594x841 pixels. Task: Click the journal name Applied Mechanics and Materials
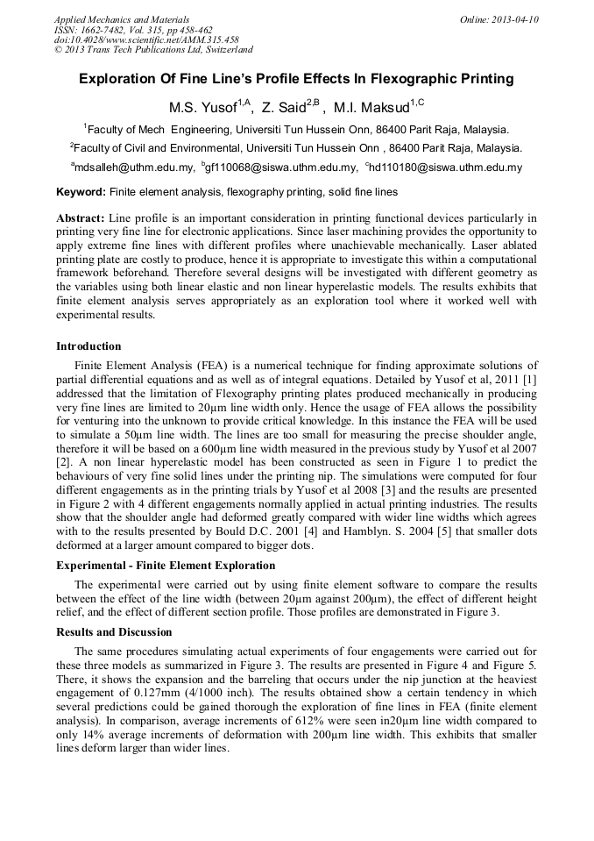tap(122, 18)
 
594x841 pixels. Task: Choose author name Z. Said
tap(284, 107)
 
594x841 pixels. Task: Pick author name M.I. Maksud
tap(371, 107)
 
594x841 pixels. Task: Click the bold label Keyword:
tap(81, 191)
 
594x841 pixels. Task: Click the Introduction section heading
tap(88, 346)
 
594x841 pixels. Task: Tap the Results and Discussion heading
tap(114, 632)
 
